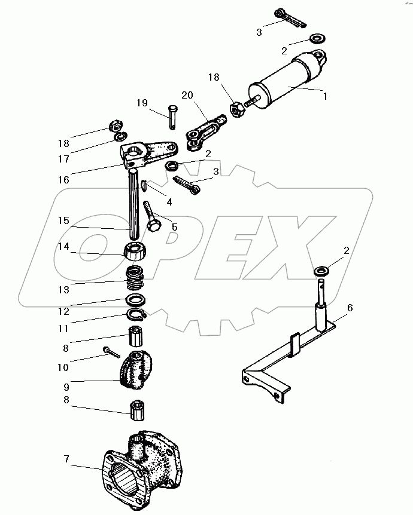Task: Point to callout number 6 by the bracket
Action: coord(350,308)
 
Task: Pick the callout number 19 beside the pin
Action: coord(142,103)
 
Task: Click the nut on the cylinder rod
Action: coord(236,109)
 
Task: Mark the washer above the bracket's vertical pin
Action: coord(321,272)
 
